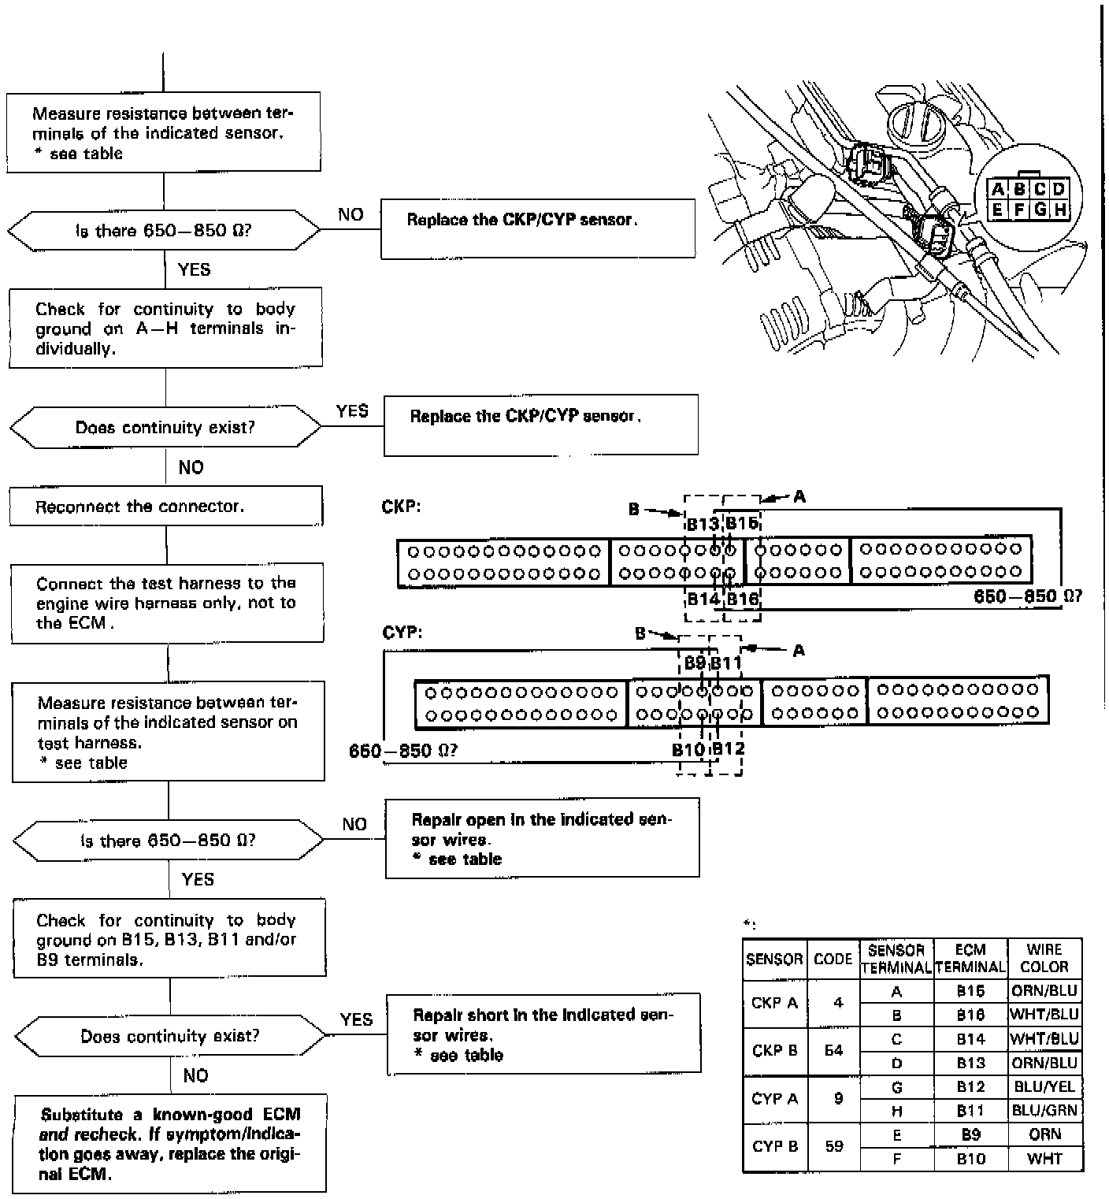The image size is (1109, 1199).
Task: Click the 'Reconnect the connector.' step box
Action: click(x=165, y=507)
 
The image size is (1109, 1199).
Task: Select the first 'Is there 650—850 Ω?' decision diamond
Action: click(x=164, y=232)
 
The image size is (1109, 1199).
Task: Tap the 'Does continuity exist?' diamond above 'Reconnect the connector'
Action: click(x=165, y=428)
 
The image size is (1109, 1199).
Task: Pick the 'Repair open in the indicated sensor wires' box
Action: click(x=542, y=838)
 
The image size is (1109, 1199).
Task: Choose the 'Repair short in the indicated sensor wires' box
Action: click(x=543, y=1034)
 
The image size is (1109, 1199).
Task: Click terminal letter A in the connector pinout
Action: click(x=998, y=189)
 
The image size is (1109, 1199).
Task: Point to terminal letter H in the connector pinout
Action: click(x=1059, y=210)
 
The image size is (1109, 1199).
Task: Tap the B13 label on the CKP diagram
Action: click(x=702, y=524)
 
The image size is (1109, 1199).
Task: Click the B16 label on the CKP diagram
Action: click(x=742, y=598)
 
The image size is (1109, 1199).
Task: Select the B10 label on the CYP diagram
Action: click(x=688, y=749)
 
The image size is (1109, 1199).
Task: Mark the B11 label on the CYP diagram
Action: click(x=726, y=663)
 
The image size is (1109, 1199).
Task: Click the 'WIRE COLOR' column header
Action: click(x=1044, y=958)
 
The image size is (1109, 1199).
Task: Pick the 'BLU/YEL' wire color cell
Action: click(x=1044, y=1086)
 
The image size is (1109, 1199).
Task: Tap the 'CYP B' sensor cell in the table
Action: click(x=775, y=1146)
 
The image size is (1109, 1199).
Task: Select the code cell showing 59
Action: click(x=834, y=1146)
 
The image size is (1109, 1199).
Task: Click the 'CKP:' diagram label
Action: click(x=401, y=507)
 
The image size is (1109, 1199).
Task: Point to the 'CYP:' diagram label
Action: click(x=402, y=633)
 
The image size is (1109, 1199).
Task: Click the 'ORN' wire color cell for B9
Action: click(x=1044, y=1134)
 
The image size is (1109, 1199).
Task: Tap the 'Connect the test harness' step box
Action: click(x=167, y=603)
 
